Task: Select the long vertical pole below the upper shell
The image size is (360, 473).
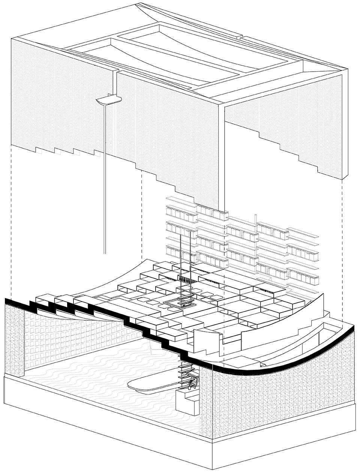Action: [x=105, y=180]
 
